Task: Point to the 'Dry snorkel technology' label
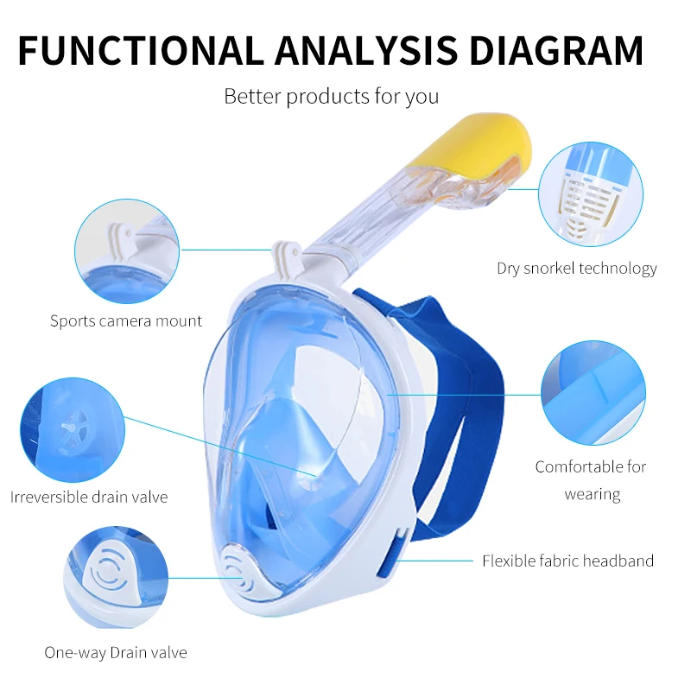coord(576,269)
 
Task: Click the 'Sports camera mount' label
coord(126,321)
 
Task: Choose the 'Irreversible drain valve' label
coord(89,497)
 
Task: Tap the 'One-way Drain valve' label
coord(116,653)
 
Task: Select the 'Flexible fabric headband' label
coord(567,561)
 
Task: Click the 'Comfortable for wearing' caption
coord(591,480)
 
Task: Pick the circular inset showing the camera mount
coord(127,251)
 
